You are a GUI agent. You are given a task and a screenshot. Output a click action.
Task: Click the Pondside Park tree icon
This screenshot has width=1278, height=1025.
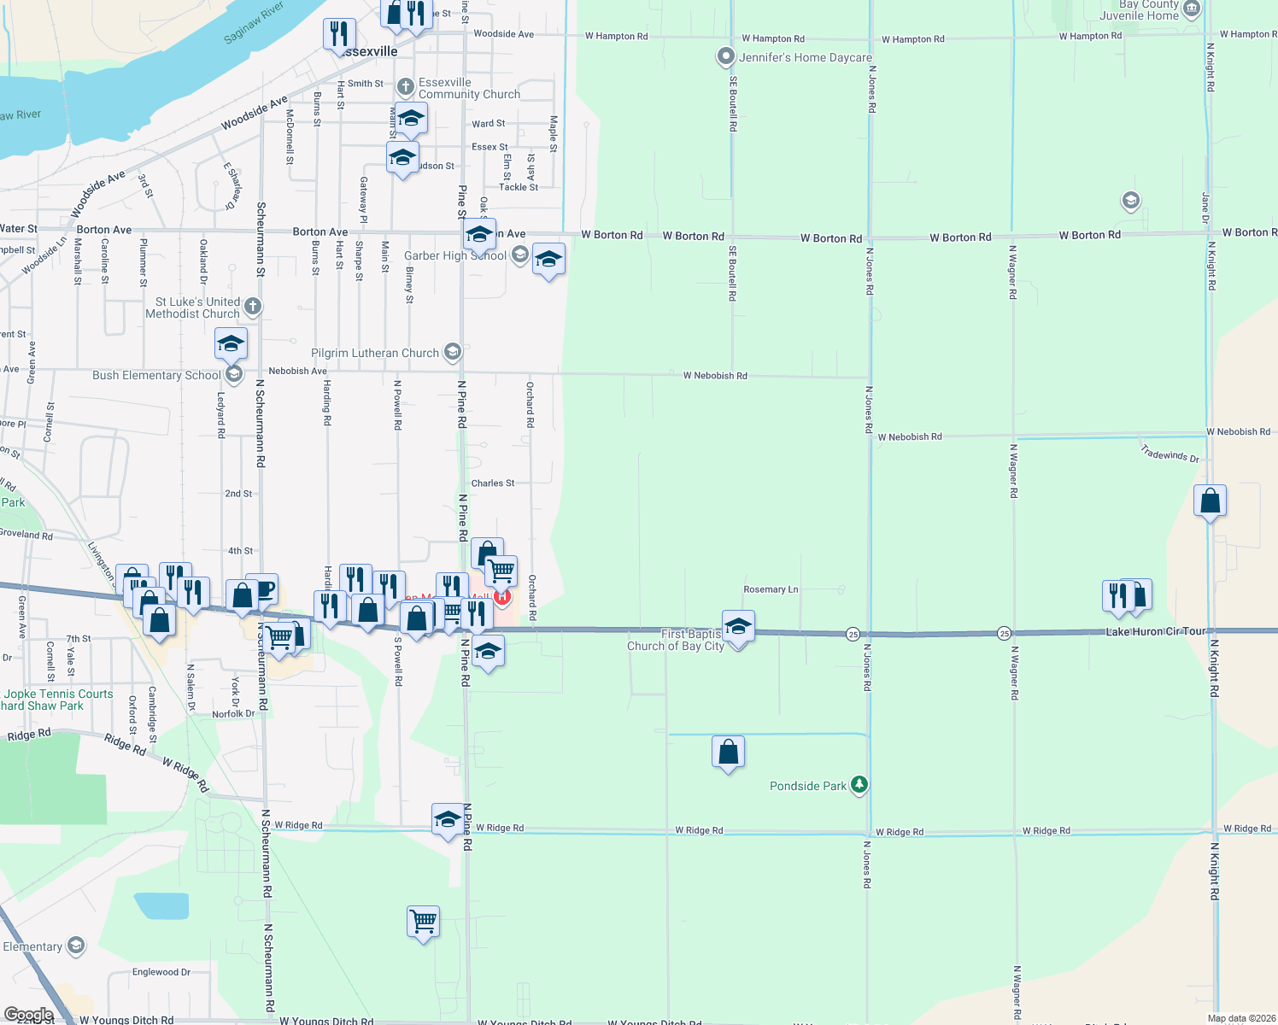[x=859, y=785]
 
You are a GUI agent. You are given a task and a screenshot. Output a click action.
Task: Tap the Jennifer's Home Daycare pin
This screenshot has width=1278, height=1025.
[x=725, y=57]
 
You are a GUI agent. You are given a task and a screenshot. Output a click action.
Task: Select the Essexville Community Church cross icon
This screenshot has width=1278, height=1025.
[x=406, y=86]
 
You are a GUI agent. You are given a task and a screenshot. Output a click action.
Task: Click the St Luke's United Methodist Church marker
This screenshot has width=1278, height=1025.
[x=252, y=307]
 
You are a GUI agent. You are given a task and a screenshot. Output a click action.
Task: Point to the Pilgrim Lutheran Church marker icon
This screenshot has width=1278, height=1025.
[x=453, y=352]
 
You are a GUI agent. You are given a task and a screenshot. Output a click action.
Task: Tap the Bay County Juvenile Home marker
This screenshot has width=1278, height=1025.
[x=1193, y=9]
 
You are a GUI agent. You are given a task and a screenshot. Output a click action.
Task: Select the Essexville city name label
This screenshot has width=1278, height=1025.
[x=369, y=52]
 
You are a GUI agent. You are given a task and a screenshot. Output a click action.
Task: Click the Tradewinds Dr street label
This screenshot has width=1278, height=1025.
[x=1170, y=454]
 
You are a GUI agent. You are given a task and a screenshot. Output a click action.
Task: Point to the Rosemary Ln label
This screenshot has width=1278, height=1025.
[x=771, y=589]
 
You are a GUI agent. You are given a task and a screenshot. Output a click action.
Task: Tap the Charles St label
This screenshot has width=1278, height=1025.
[x=493, y=483]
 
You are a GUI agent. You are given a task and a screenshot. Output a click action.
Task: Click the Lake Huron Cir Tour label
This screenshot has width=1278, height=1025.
[x=1156, y=631]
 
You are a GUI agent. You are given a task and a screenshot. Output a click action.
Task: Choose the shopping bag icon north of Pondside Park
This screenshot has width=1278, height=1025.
[x=728, y=753]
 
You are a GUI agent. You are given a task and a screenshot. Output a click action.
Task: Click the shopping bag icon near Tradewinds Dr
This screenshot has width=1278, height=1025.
[x=1210, y=501]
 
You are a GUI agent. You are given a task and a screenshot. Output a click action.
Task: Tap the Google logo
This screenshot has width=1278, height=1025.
[x=29, y=1015]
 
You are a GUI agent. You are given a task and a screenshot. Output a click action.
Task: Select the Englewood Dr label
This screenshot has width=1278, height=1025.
[x=161, y=972]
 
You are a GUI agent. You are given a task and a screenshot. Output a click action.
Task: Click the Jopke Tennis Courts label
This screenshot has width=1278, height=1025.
[x=59, y=694]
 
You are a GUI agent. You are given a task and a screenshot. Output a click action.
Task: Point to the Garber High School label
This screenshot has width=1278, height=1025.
[x=455, y=255]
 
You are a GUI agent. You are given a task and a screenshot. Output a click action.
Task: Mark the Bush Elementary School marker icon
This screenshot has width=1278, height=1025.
[x=233, y=374]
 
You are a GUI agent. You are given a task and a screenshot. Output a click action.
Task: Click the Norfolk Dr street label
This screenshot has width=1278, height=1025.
[x=233, y=714]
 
